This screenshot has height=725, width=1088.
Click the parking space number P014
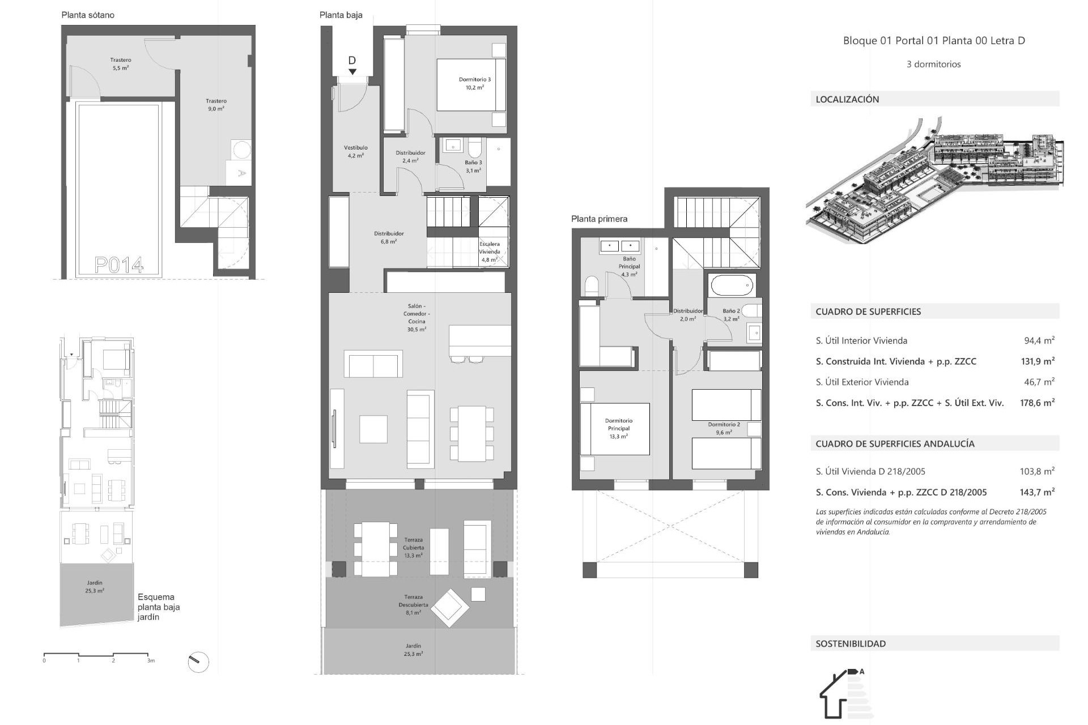[x=119, y=265]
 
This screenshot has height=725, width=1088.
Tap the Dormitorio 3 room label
[x=474, y=83]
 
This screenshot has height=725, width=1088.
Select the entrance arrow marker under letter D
[x=352, y=72]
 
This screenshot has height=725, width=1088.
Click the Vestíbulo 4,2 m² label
[x=355, y=151]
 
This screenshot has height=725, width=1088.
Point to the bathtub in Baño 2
[x=732, y=286]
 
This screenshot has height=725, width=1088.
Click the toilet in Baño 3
[x=474, y=148]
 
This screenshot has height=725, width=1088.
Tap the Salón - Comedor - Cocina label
[x=416, y=317]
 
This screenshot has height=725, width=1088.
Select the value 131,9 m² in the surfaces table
[x=1037, y=361]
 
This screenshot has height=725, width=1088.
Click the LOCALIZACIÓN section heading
[x=847, y=99]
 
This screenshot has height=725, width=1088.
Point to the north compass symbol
[x=198, y=662]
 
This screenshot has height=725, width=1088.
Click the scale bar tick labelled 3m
[x=150, y=660]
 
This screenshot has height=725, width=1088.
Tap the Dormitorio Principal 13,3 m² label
[x=618, y=428]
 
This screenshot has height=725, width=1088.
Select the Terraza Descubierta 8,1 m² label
[x=413, y=604]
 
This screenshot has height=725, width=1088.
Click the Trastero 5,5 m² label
[x=121, y=63]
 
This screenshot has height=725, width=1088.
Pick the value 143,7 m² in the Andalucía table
[x=1037, y=492]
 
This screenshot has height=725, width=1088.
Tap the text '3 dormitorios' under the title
[x=933, y=65]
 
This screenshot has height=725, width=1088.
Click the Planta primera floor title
[x=599, y=219]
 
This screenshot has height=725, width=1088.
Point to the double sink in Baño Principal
[x=619, y=246]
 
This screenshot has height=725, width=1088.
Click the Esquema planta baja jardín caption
[x=159, y=607]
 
